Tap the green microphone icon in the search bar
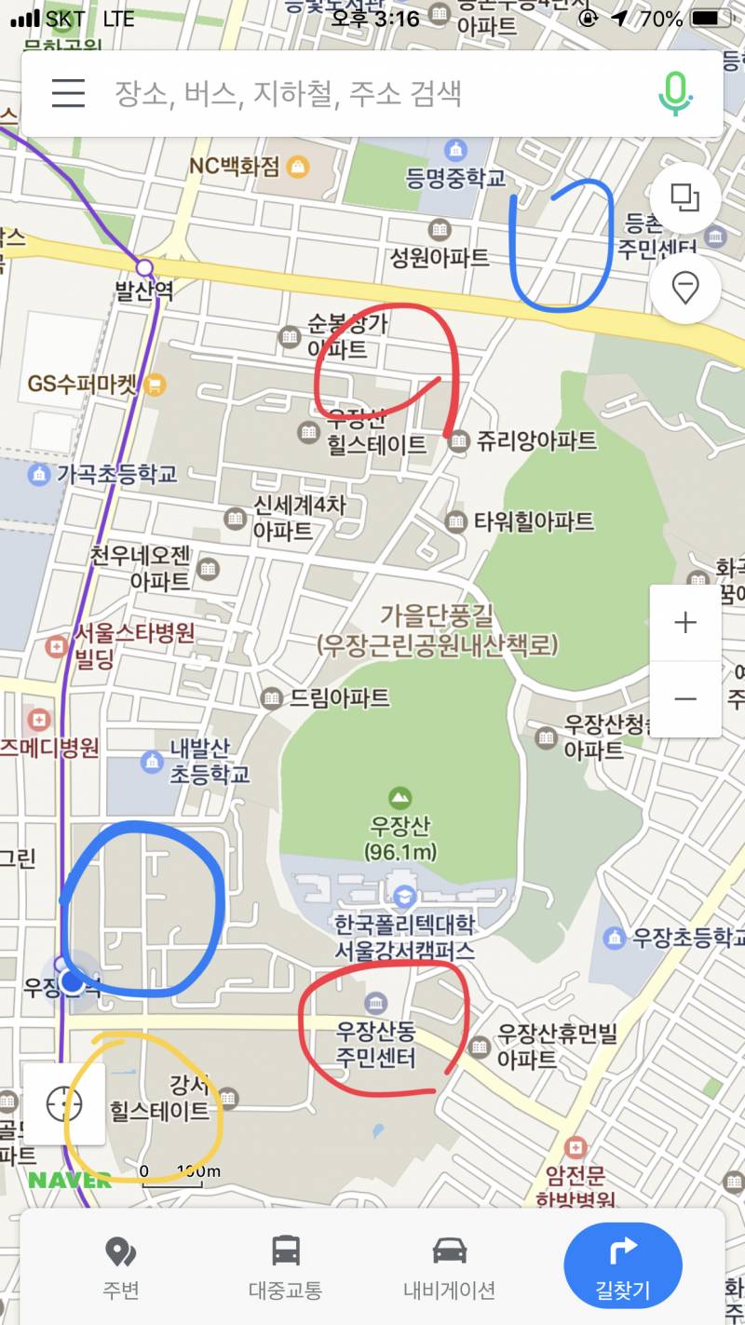coord(676,93)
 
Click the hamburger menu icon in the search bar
coord(68,93)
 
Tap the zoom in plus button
coord(685,623)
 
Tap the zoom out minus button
coord(685,699)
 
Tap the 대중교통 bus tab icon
coord(285,1251)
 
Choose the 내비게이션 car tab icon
coord(449,1251)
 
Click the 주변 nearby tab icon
coord(120,1252)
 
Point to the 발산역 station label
coord(144,291)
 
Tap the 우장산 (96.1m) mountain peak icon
coord(400,798)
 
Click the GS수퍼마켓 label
coord(83,385)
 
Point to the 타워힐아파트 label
coord(534,521)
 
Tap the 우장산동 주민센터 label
coord(376,1045)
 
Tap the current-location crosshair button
coord(64,1104)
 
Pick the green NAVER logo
coord(70,1180)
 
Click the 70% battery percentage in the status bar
coord(661,19)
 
